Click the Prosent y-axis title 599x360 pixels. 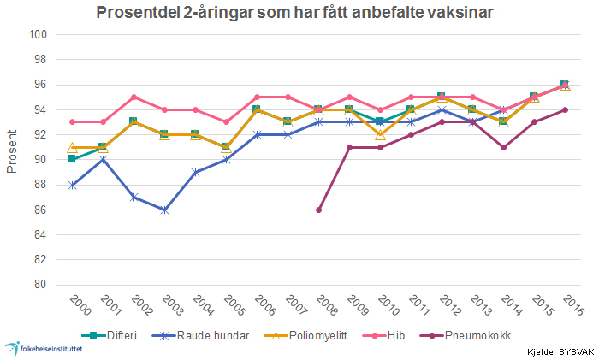(12, 152)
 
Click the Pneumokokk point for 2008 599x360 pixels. (318, 210)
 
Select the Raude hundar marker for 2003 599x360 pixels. (164, 210)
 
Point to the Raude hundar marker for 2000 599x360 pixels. (72, 185)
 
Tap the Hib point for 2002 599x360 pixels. (133, 97)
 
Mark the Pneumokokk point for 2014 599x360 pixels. (503, 147)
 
